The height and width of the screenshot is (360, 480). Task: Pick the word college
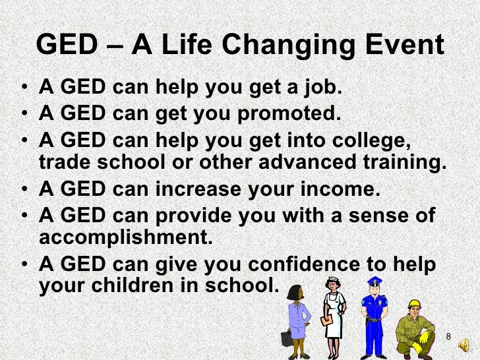point(395,142)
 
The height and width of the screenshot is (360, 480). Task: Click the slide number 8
point(448,338)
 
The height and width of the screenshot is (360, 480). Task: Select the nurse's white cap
point(334,281)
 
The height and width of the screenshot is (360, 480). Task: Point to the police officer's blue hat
point(373,280)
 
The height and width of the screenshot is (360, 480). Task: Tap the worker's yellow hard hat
point(414,304)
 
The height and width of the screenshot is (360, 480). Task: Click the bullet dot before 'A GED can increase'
point(24,191)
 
